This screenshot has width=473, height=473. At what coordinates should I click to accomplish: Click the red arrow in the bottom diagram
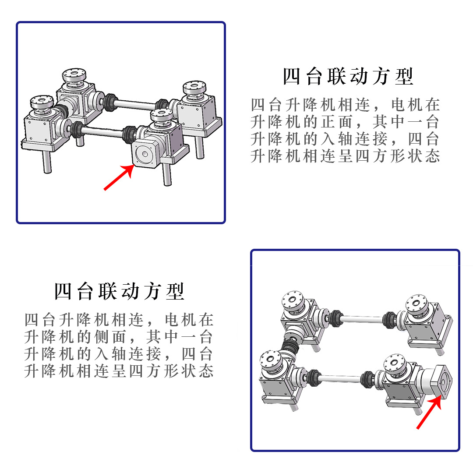click(x=429, y=412)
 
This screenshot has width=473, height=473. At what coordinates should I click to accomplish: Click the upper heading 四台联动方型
click(x=348, y=76)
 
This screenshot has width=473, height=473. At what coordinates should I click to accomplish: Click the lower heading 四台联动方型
click(x=119, y=291)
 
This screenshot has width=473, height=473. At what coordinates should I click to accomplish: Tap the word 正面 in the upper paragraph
click(x=337, y=122)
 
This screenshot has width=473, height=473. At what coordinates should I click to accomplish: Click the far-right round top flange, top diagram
click(x=195, y=87)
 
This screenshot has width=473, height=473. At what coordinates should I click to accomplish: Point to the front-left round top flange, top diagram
click(x=42, y=102)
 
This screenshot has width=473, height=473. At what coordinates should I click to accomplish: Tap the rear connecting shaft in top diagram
click(x=134, y=106)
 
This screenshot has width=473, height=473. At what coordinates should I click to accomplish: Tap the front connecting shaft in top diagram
click(x=102, y=131)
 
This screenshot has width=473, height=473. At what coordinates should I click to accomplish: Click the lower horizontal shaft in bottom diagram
click(x=339, y=378)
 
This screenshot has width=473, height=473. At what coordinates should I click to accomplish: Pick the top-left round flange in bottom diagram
click(x=292, y=299)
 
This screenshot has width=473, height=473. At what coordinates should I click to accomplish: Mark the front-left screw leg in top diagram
click(x=46, y=161)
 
